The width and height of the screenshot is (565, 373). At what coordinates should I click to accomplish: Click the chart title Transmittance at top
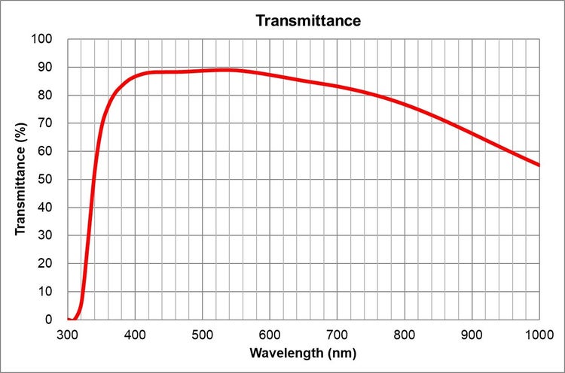coord(308,20)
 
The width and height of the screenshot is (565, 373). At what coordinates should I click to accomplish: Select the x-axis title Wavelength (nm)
coord(303,353)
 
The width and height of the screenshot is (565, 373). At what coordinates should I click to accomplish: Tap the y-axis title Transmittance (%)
coord(22,179)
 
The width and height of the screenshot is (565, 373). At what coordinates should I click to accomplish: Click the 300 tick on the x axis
coord(68,333)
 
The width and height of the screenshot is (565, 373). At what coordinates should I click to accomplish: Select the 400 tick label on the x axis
coord(135,333)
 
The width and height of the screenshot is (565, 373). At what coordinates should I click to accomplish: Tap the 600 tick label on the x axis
coord(270,333)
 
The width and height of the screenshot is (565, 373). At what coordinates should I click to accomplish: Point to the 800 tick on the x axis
coord(405,333)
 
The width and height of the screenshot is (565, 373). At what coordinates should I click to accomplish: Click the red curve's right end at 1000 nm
coord(539,165)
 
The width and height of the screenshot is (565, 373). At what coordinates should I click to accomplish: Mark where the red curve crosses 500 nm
coord(202,71)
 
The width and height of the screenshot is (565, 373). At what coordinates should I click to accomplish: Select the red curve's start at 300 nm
coord(69,319)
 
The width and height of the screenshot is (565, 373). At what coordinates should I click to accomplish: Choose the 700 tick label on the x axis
coord(337,333)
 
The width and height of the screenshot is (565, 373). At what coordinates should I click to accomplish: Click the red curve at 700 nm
coord(337,86)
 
